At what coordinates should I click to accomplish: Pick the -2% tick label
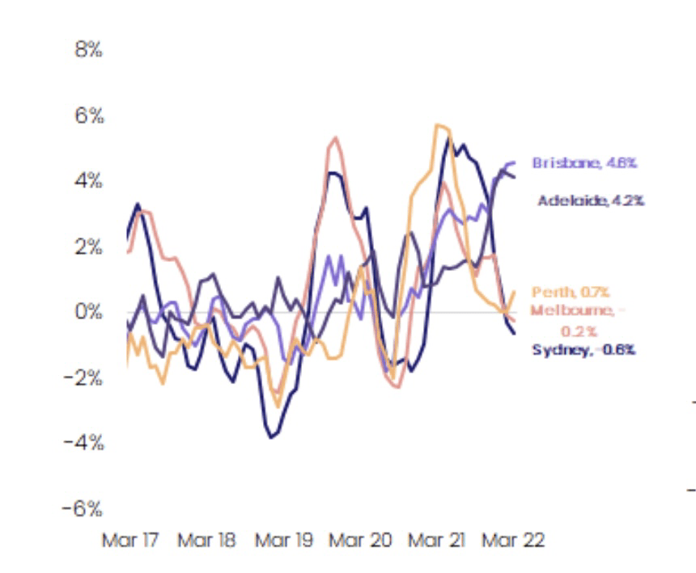[85, 377]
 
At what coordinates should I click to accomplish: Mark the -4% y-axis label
[85, 443]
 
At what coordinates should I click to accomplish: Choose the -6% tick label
[85, 508]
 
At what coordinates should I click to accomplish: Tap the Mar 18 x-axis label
[206, 540]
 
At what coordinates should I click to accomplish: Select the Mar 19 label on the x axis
[283, 540]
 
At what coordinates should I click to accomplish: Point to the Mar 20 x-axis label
[359, 540]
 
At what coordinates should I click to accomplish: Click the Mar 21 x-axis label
[436, 540]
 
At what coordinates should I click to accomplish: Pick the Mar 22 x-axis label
[512, 540]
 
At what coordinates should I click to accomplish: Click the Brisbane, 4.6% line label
[584, 163]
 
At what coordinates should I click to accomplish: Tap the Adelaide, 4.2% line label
[591, 200]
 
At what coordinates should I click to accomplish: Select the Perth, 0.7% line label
[570, 292]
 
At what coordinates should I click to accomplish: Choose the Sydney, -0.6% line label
[584, 350]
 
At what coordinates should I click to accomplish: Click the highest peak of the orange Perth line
[438, 124]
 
